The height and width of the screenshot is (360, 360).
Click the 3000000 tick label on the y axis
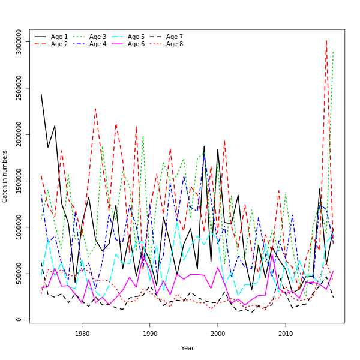click(x=19, y=42)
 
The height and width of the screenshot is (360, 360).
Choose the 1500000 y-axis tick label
click(x=19, y=181)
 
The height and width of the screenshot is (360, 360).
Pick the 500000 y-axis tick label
click(x=19, y=274)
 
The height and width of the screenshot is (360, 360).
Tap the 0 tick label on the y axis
click(x=19, y=320)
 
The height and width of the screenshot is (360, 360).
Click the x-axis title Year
click(x=187, y=348)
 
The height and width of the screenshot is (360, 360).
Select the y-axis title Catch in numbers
click(x=5, y=176)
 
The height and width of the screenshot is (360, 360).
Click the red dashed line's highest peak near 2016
click(x=326, y=41)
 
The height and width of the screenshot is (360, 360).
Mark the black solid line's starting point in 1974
click(x=41, y=94)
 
